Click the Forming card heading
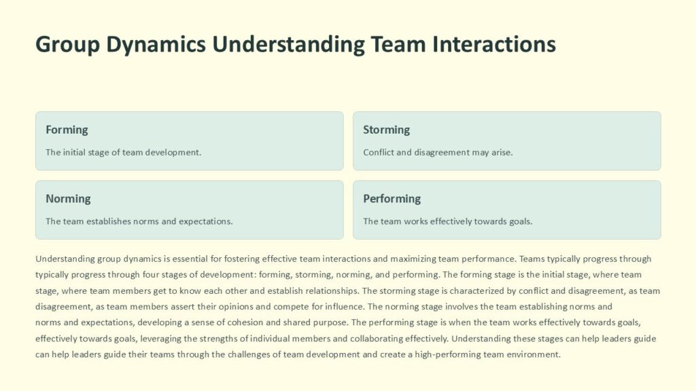[x=67, y=130]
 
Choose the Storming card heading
[x=386, y=130]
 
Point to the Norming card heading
[x=68, y=199]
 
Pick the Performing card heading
[x=391, y=199]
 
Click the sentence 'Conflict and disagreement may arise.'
[x=438, y=153]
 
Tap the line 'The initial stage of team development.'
[x=123, y=153]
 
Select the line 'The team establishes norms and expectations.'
[x=139, y=221]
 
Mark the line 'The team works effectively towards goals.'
[x=447, y=221]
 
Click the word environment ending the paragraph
[x=536, y=354]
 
